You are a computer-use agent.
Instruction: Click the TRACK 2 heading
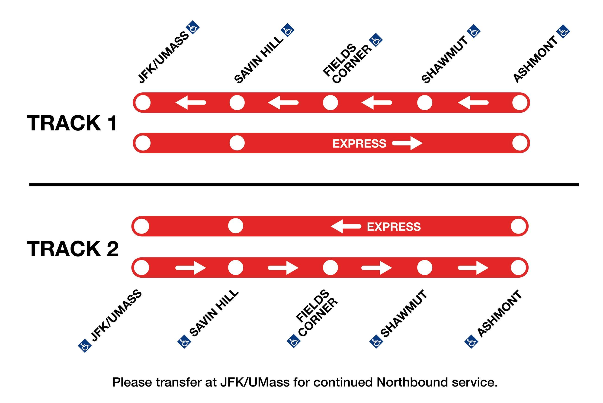tap(73, 249)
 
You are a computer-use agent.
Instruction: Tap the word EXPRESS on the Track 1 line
tap(359, 143)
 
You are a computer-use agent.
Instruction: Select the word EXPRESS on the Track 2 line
tap(394, 227)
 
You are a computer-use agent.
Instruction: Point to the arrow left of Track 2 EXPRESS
tap(346, 226)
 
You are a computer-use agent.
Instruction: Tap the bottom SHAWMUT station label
tap(404, 314)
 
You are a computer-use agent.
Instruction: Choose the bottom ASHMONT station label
tap(500, 314)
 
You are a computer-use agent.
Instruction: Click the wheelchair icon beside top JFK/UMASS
tap(193, 27)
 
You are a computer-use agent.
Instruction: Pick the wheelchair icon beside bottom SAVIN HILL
tap(184, 341)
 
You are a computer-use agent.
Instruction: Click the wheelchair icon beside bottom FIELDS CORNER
tap(294, 341)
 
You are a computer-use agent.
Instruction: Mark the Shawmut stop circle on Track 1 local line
tap(425, 103)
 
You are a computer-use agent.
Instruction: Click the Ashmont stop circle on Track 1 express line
tap(520, 143)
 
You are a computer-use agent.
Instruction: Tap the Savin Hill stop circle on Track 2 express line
tap(235, 226)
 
